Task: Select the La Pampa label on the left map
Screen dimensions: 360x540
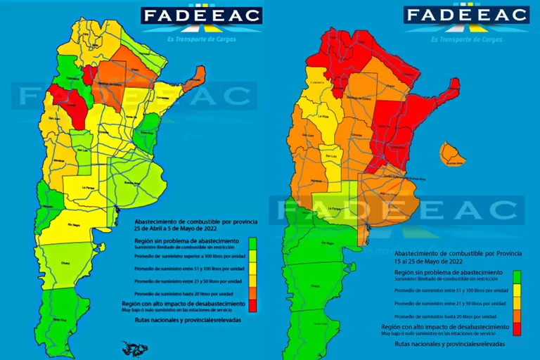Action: (x=89, y=188)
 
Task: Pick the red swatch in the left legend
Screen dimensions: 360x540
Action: (x=252, y=304)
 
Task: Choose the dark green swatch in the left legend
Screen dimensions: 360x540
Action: (x=252, y=243)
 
